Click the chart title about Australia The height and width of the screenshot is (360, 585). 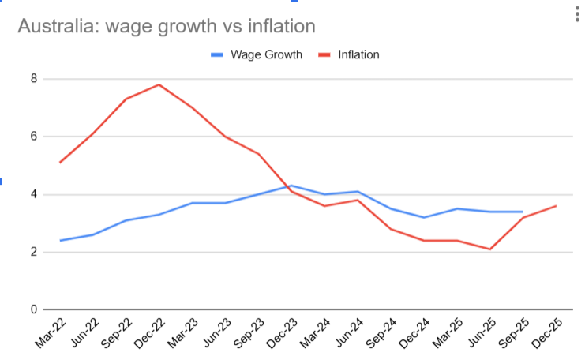click(167, 26)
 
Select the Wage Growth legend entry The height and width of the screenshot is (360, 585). click(257, 55)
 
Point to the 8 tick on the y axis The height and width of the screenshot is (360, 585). click(34, 79)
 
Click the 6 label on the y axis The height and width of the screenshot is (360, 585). click(34, 137)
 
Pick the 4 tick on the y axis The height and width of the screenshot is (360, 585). click(34, 194)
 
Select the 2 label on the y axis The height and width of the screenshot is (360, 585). click(34, 252)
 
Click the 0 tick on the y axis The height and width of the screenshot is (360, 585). click(34, 309)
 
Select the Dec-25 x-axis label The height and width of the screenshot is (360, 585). click(544, 334)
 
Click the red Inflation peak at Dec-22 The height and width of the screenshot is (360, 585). click(159, 84)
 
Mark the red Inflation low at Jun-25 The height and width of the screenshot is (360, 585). click(489, 249)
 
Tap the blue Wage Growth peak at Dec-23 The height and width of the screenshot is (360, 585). click(291, 186)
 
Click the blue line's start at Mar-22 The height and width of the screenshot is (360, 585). click(61, 241)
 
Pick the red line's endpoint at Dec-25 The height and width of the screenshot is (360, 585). click(556, 206)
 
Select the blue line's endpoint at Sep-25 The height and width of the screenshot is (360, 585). click(523, 212)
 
